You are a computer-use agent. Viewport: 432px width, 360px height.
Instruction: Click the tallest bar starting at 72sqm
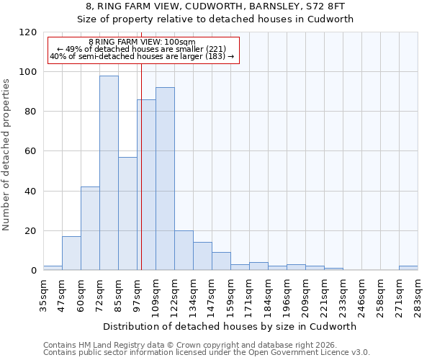pos(109,173)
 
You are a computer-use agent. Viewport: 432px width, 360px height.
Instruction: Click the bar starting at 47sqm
pos(71,253)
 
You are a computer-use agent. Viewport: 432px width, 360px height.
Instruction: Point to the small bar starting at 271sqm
pos(408,268)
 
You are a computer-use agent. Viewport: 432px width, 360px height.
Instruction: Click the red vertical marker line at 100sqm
pos(142,180)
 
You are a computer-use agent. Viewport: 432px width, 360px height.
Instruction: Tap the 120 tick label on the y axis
pos(28,32)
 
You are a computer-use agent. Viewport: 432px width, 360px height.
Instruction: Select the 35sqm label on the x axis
pos(43,292)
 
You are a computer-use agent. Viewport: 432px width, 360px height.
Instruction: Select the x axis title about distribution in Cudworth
pos(230,326)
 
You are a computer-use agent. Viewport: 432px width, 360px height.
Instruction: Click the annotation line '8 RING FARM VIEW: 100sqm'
pos(142,42)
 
